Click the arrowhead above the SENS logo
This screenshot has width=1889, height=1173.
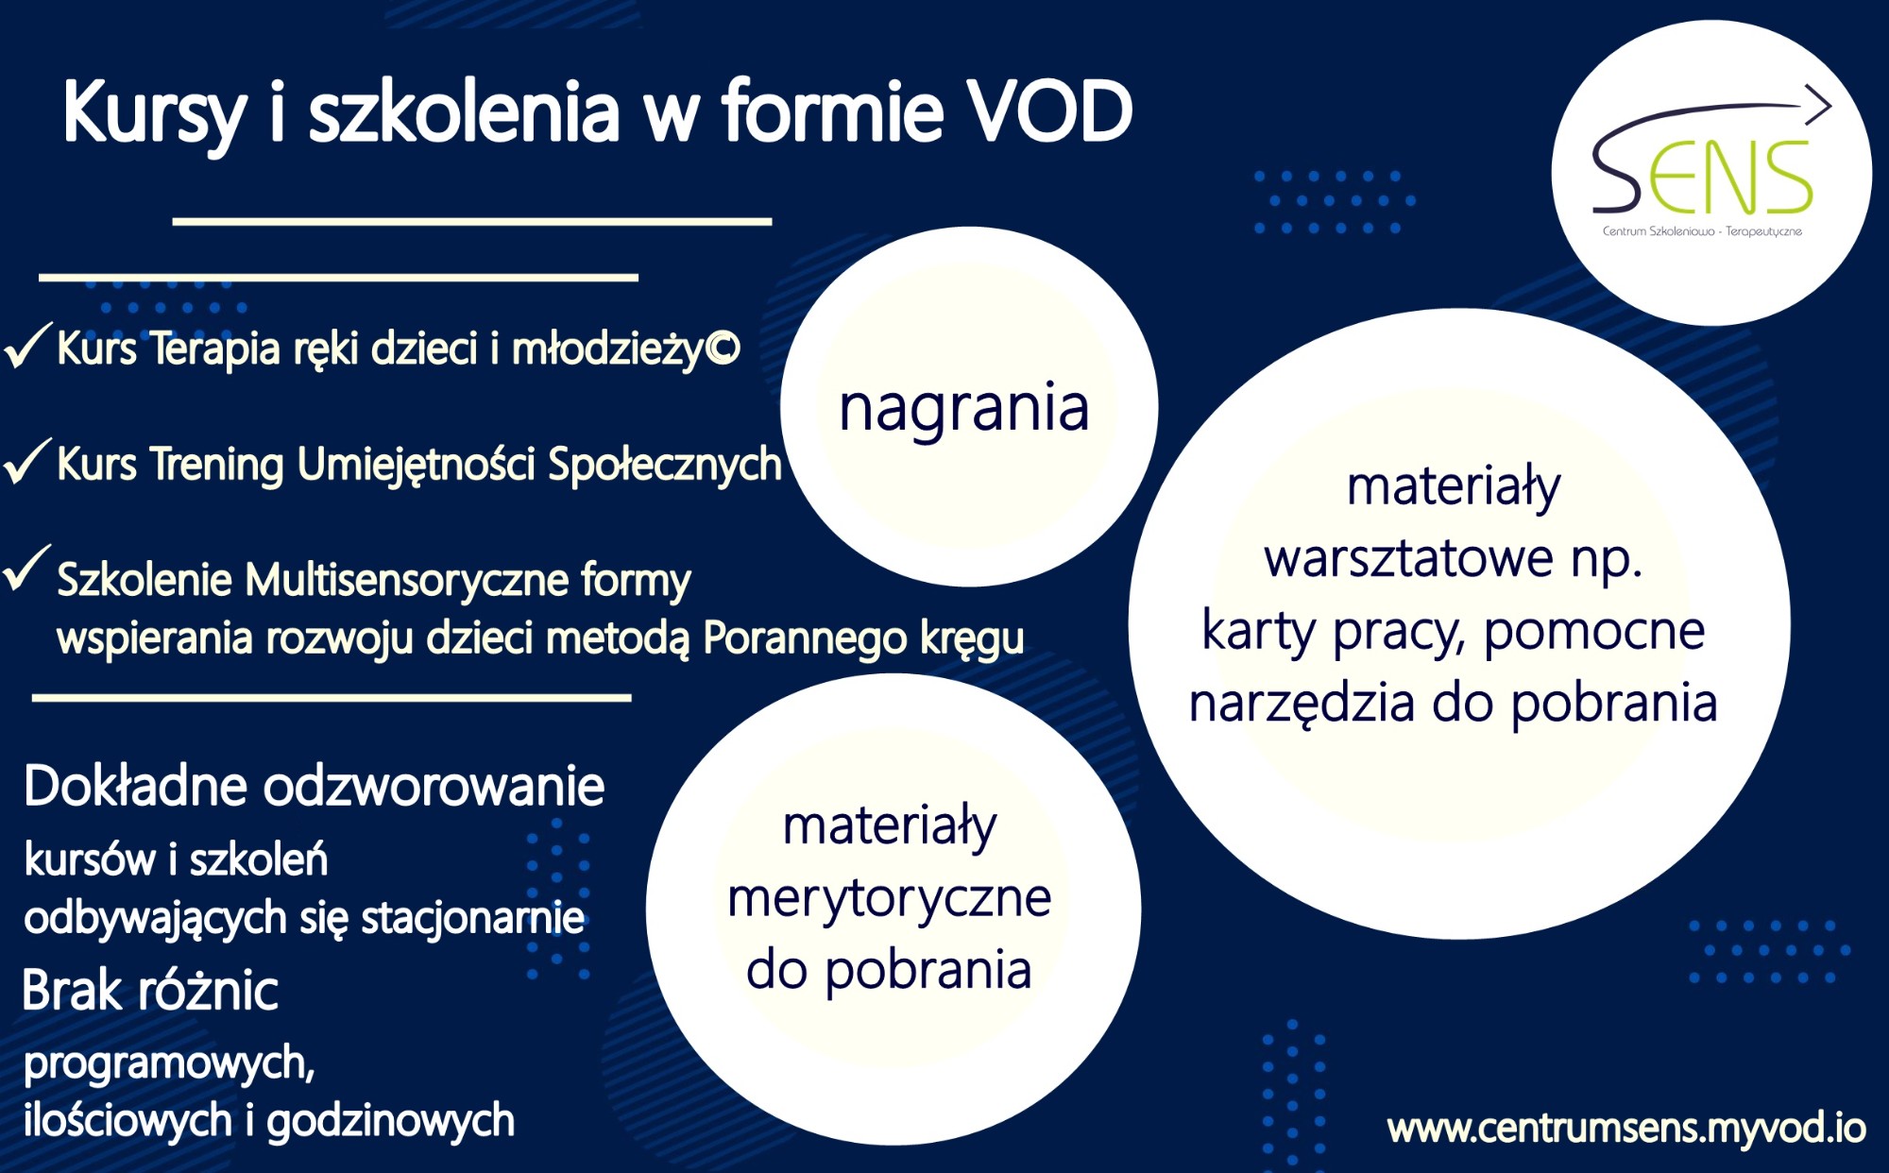pos(1817,104)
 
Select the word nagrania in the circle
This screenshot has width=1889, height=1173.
pos(964,409)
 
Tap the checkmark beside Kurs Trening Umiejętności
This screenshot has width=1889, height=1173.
pos(27,461)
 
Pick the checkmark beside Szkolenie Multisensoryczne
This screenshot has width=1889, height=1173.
pos(27,569)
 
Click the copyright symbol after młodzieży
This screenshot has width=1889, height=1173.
pos(723,348)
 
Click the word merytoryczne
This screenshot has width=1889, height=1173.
pos(889,898)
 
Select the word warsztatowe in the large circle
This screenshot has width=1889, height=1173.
pos(1408,558)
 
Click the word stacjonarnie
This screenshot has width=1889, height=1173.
pos(473,918)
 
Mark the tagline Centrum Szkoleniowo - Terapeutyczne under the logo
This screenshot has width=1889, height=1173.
pos(1702,231)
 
